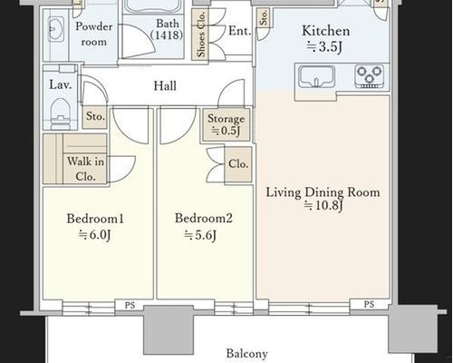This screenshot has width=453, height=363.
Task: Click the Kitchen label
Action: [326, 31]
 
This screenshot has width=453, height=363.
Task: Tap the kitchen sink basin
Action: [316, 76]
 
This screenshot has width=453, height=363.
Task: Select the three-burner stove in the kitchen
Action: [370, 76]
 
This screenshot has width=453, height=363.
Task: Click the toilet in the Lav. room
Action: [61, 113]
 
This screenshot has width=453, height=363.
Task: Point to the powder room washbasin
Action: [56, 29]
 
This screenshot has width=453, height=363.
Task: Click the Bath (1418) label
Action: [167, 29]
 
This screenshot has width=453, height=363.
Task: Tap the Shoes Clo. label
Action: [201, 34]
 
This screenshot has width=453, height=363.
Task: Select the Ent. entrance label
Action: [240, 31]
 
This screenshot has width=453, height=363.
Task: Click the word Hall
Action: [165, 85]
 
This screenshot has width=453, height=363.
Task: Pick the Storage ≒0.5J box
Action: [226, 125]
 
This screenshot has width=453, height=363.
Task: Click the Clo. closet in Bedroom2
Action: [238, 165]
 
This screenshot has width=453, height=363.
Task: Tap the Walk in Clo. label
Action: [85, 169]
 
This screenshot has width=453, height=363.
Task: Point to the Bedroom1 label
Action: [95, 219]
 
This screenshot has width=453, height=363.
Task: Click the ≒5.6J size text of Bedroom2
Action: [200, 235]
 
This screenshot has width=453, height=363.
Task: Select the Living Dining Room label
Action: [323, 192]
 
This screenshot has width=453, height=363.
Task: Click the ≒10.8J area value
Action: [323, 206]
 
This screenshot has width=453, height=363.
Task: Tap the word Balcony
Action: [247, 353]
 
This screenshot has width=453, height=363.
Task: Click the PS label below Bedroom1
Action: [130, 305]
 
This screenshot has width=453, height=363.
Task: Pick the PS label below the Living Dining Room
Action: [369, 304]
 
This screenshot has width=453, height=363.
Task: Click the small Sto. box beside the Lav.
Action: [95, 117]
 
